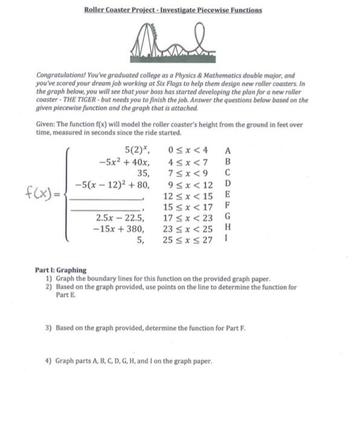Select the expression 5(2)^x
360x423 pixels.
point(137,150)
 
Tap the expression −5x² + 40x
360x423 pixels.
point(124,161)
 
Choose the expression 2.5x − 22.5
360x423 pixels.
point(121,218)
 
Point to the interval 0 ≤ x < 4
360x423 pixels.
point(189,150)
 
